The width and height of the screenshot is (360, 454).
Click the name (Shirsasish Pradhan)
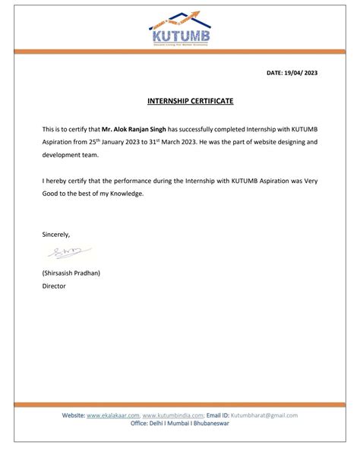click(71, 273)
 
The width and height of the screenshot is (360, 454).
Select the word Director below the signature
click(54, 286)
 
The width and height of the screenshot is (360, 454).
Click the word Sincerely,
click(56, 235)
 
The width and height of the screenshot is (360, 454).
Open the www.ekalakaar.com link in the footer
click(113, 415)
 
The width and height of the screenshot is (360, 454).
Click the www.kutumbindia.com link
click(173, 415)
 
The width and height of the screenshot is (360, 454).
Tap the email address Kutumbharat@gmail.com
click(264, 415)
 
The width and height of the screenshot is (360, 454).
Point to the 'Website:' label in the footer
click(73, 415)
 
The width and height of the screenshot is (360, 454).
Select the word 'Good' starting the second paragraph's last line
click(51, 194)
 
